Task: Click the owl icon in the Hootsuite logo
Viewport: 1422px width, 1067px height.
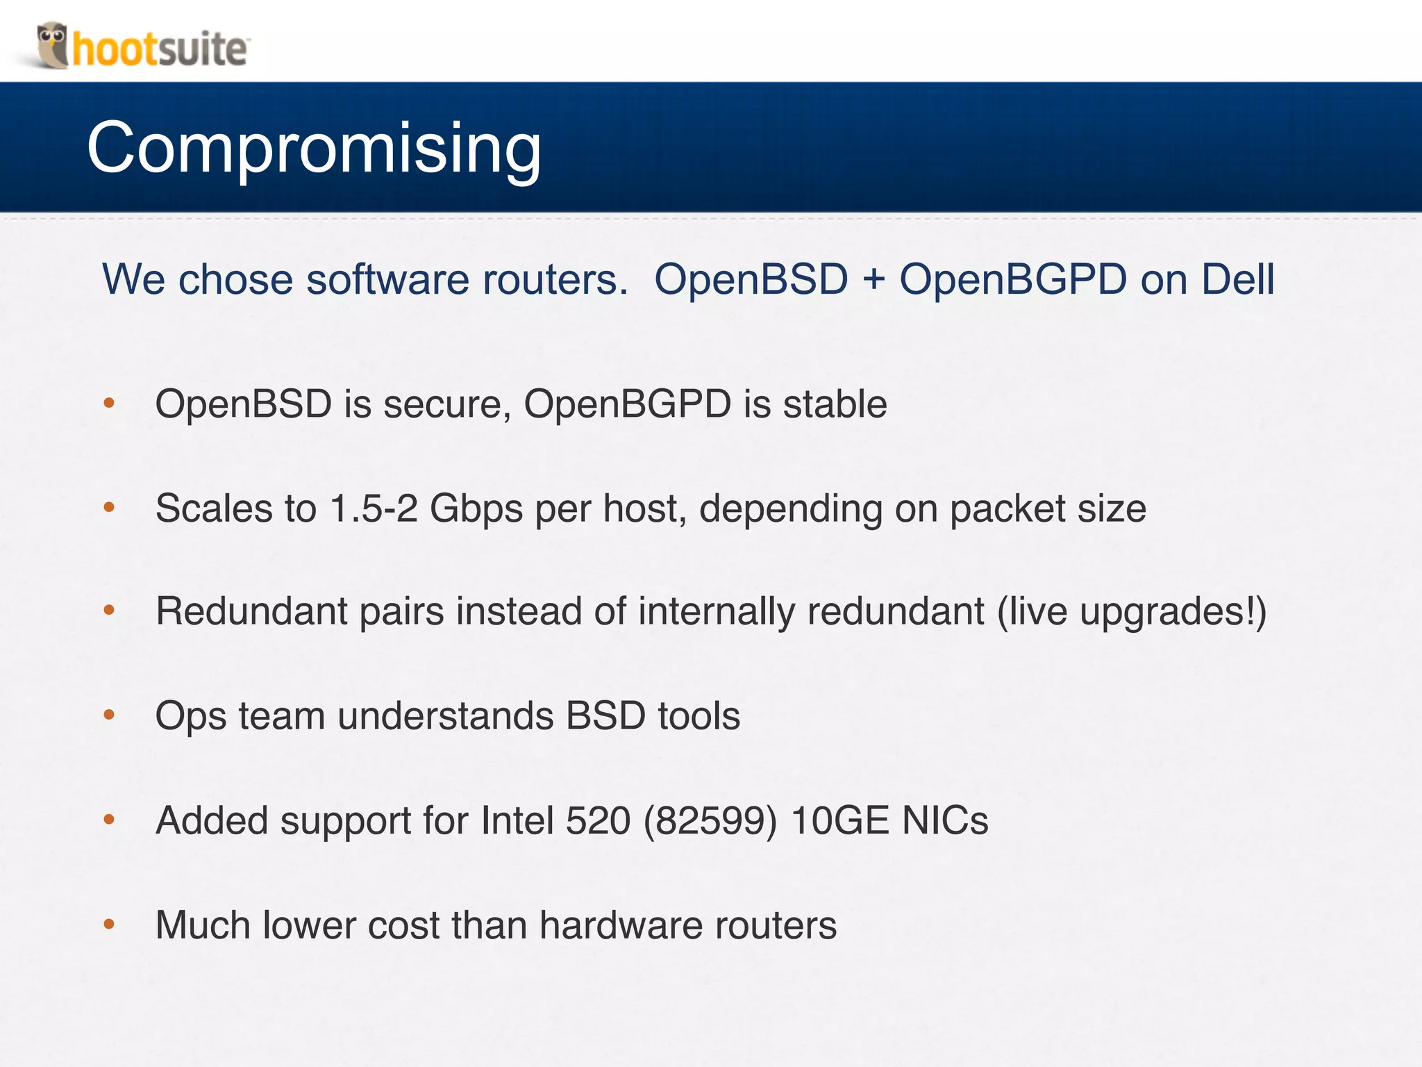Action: coord(52,44)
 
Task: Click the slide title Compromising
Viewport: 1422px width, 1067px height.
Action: coord(314,147)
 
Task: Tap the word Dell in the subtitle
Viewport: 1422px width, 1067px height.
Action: coord(1238,279)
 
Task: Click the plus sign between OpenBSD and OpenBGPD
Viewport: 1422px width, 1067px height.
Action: coord(873,279)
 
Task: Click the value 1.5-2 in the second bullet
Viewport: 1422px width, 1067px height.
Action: coord(374,508)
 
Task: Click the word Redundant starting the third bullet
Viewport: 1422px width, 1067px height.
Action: coord(251,611)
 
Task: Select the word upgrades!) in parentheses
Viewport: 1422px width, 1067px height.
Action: coord(1173,613)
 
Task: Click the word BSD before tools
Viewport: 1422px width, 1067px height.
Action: coord(605,716)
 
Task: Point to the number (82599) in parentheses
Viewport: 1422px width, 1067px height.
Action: coord(710,820)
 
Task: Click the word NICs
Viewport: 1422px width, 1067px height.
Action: coord(945,820)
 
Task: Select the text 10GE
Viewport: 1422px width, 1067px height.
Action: coord(839,820)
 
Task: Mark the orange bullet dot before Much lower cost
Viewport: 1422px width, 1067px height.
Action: coord(109,924)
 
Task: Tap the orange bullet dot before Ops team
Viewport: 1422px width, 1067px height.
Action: coord(109,715)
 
